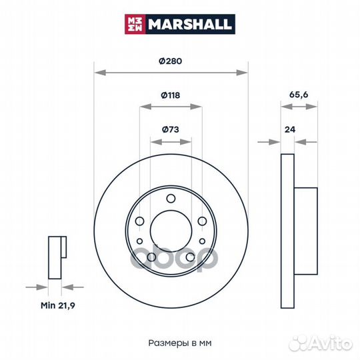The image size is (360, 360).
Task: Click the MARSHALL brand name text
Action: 189,24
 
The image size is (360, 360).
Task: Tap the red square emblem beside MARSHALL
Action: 135,24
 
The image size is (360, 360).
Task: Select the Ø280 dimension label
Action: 171,61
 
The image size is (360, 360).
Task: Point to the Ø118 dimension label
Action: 171,95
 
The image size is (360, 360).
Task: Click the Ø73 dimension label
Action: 171,129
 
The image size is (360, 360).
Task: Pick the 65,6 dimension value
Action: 299,95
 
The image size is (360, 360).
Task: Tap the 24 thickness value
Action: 290,130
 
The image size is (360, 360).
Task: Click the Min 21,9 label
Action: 58,305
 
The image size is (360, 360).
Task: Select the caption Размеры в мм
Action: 180,343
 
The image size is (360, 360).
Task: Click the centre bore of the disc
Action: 171,231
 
